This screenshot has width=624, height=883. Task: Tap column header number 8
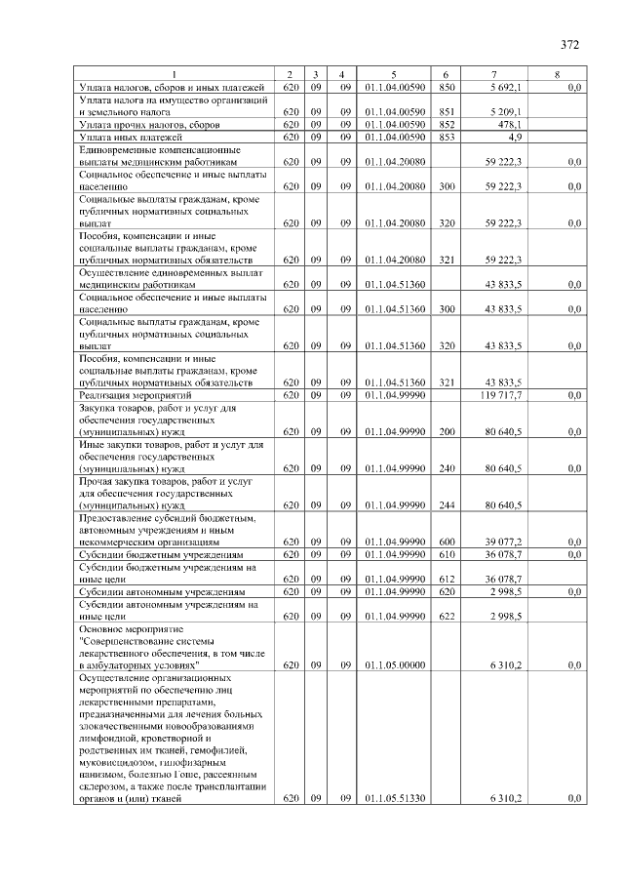tap(557, 75)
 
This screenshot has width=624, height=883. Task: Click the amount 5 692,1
tap(506, 88)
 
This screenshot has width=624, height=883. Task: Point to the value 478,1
tap(511, 125)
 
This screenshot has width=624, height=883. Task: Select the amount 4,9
tap(516, 138)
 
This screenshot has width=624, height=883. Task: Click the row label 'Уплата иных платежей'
tap(131, 138)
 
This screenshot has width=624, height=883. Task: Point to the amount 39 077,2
tap(504, 542)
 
